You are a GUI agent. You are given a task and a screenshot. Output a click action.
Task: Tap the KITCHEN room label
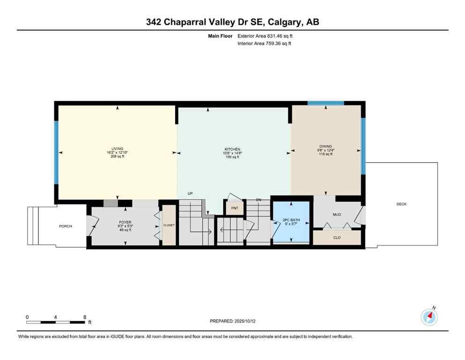pos(232,149)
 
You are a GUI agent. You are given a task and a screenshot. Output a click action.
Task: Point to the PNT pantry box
pos(234,209)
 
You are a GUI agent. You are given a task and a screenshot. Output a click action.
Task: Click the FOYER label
pos(125,222)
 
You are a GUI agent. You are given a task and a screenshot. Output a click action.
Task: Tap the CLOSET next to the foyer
pos(169,225)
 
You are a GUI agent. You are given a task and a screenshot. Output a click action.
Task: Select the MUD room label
pos(337,215)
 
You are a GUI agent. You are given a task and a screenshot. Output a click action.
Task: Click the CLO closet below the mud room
pos(337,238)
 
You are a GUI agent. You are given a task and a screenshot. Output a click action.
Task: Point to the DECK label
pos(401,204)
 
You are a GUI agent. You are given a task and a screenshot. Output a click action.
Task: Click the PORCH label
pos(66,226)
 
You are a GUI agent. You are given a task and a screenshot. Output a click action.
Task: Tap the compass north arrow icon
pos(429,317)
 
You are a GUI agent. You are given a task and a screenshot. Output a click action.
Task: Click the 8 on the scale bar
pos(85,317)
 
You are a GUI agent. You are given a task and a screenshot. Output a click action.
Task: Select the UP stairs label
pos(190,193)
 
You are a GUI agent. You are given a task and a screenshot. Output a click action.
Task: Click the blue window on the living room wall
pos(56,152)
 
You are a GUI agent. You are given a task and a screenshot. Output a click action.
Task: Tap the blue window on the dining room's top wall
pos(325,103)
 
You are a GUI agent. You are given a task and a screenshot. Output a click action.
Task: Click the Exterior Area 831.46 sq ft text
pos(266,36)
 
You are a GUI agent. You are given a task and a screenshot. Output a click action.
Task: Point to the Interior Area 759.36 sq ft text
pos(265,44)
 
